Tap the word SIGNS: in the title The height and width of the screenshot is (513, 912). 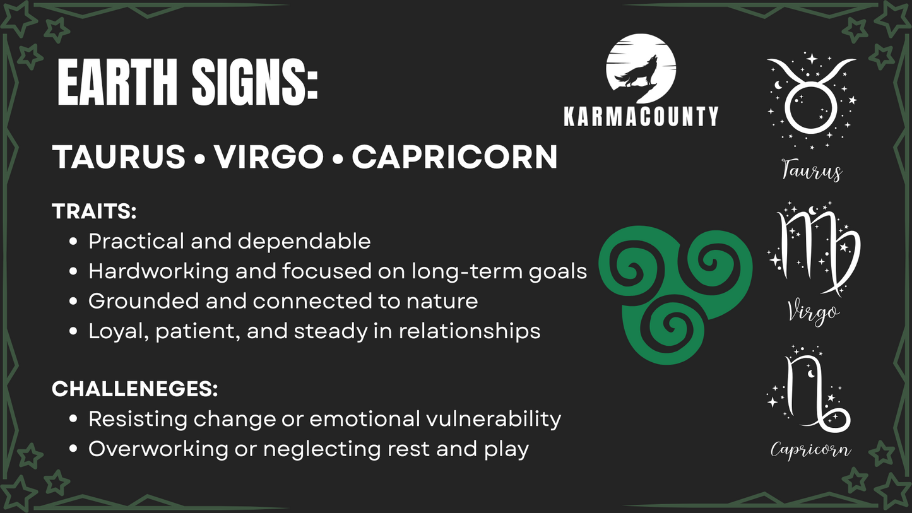(255, 82)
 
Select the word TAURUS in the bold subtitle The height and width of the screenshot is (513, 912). (119, 156)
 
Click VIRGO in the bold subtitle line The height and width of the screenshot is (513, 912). (269, 156)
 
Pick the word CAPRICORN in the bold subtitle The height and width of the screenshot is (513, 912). (454, 156)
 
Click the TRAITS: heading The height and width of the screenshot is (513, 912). (94, 211)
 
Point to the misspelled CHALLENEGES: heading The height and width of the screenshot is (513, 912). (135, 389)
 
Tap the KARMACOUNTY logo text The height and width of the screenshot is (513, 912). (641, 116)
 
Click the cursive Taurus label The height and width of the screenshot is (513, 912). (812, 170)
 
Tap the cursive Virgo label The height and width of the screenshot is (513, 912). (813, 314)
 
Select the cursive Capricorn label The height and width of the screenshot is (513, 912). (810, 451)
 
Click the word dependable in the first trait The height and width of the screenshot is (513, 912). (304, 241)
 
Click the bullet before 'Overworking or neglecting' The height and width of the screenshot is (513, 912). (73, 449)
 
